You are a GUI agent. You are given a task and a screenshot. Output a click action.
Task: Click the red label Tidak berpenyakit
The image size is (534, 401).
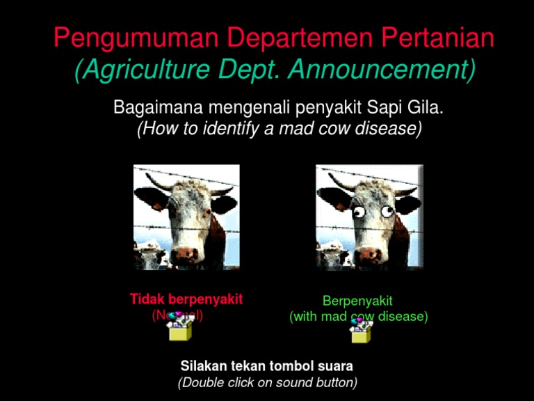click(x=186, y=299)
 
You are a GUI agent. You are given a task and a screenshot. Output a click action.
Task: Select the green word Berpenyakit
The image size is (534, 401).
click(x=357, y=301)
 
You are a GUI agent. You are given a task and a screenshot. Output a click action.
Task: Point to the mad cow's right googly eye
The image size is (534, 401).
click(x=386, y=209)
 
